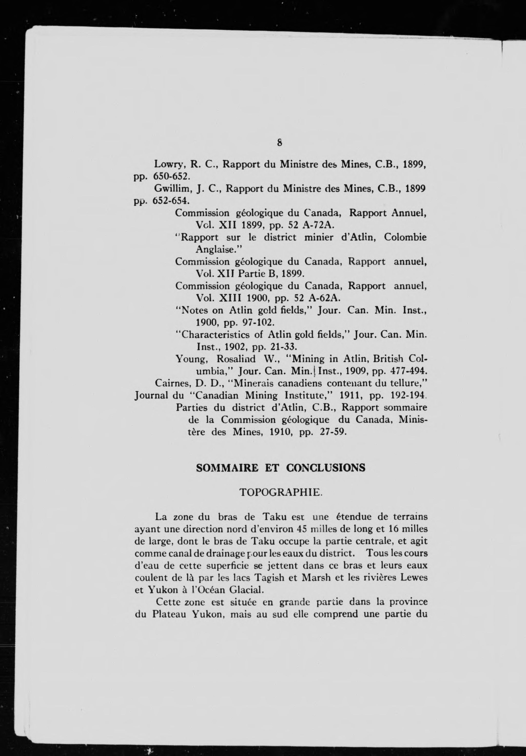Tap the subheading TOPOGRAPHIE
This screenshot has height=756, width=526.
click(279, 493)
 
